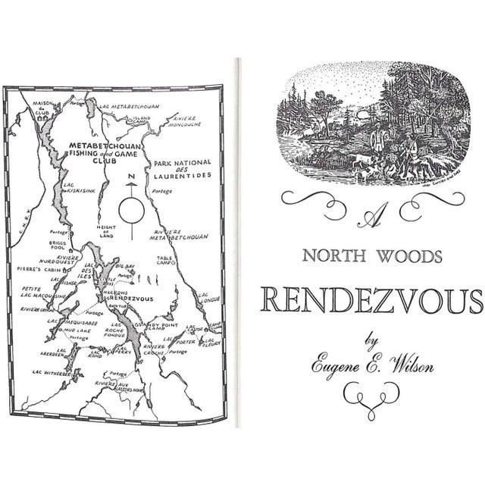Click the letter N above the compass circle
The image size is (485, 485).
point(131,178)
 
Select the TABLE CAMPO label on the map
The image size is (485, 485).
point(169,261)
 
